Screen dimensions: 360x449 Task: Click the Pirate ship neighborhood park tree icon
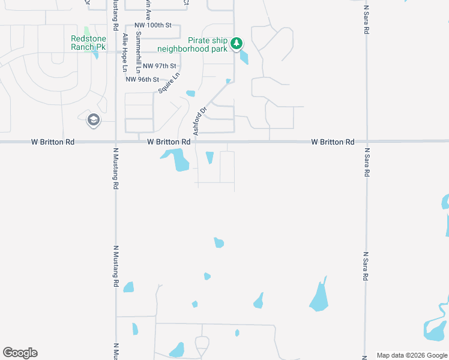point(237,43)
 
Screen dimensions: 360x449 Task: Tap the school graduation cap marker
point(93,120)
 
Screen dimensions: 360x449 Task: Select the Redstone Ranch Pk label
point(88,43)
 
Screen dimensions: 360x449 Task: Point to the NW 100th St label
point(153,25)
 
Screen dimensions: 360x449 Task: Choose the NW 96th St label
point(142,79)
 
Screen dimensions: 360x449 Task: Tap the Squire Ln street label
point(169,83)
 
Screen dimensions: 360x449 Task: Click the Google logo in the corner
point(20,353)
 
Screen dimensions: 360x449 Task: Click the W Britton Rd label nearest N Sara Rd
point(333,142)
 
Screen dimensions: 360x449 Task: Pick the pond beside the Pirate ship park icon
point(244,58)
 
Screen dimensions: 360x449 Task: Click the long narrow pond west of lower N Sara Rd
point(319,296)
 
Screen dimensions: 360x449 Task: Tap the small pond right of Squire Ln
point(191,93)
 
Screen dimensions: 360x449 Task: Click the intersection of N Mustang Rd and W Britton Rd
point(115,142)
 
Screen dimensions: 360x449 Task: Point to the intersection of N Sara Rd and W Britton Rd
point(366,142)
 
